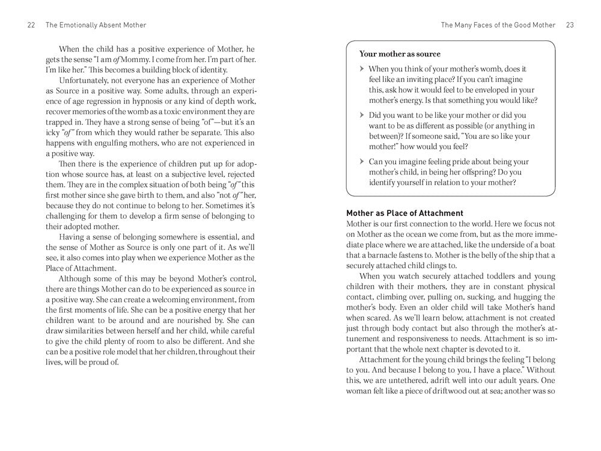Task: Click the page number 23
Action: [570, 25]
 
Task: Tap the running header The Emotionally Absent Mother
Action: [95, 25]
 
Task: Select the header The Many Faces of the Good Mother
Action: [499, 25]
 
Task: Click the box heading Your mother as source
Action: [400, 54]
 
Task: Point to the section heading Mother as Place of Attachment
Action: [404, 213]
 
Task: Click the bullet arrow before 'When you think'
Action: [362, 70]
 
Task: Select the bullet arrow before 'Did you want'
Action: [362, 115]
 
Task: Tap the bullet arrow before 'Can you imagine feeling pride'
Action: [362, 162]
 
